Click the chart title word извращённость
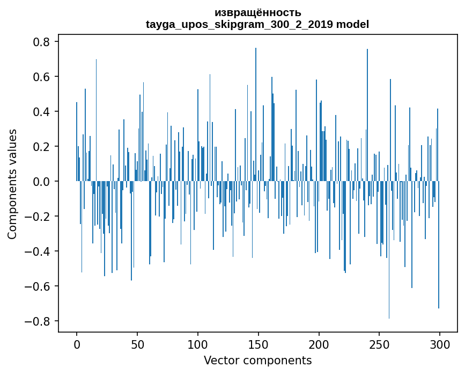(257, 12)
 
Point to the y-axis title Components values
(12, 184)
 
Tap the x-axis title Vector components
(257, 360)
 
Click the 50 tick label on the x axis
(137, 344)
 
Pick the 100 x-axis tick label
(198, 344)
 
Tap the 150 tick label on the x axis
(259, 344)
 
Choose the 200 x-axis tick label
(319, 344)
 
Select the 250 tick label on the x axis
(379, 344)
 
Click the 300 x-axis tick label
(440, 344)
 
